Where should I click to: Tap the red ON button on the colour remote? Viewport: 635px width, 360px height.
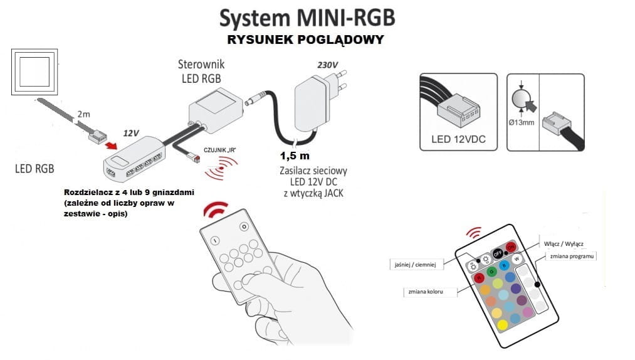[x=510, y=246]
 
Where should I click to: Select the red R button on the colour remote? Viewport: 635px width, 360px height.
[x=478, y=277]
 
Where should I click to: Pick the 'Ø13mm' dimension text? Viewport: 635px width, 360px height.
[x=522, y=122]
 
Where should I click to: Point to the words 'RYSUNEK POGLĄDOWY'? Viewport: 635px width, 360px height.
[x=306, y=40]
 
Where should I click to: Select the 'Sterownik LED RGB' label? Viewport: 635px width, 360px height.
[x=201, y=71]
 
